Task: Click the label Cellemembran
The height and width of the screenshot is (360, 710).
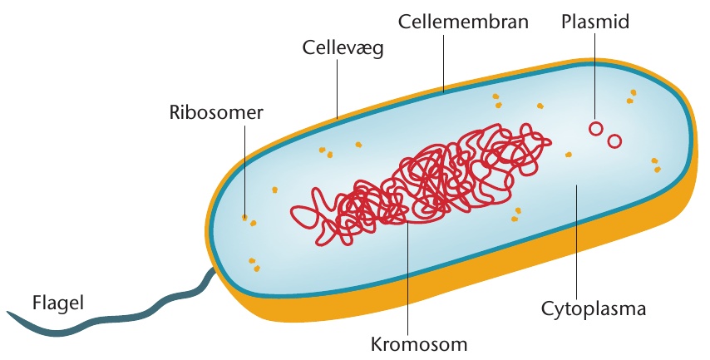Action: [x=463, y=22]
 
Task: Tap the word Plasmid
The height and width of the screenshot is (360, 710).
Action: [x=595, y=22]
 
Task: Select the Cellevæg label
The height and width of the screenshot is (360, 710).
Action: [x=343, y=47]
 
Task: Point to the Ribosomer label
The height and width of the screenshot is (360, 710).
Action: [x=216, y=112]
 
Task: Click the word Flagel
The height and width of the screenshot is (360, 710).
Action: [x=58, y=303]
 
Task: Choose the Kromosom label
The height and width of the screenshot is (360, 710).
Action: [x=419, y=344]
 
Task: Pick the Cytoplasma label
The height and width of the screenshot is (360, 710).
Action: [x=593, y=308]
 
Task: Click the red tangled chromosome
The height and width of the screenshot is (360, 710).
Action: [x=422, y=184]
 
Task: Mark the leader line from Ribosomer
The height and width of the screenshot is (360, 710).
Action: [x=245, y=170]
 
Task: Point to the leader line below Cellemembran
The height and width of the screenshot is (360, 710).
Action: [x=443, y=62]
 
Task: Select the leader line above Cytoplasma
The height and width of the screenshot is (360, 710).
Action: [x=576, y=241]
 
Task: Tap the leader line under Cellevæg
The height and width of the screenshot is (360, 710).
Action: [x=338, y=89]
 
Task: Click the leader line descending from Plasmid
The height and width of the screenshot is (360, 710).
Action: [x=595, y=78]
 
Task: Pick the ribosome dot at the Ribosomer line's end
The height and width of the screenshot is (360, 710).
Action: [x=245, y=218]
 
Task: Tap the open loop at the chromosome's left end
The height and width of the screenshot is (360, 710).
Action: [x=303, y=216]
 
